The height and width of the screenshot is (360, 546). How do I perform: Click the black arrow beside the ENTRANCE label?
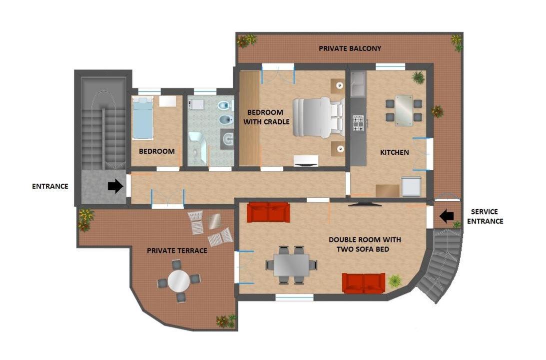click(115, 186)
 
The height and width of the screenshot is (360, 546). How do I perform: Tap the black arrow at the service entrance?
click(447, 217)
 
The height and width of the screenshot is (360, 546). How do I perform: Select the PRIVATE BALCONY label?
click(350, 48)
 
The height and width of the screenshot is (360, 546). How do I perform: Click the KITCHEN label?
click(395, 152)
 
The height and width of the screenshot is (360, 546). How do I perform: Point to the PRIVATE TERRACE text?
click(177, 251)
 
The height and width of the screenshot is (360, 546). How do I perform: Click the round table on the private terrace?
click(179, 281)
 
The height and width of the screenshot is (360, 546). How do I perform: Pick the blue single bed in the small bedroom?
click(143, 118)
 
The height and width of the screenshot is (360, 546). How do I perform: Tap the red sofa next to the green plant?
click(364, 283)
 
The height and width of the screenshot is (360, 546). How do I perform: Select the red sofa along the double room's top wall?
click(268, 212)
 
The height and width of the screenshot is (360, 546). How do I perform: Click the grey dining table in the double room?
click(291, 265)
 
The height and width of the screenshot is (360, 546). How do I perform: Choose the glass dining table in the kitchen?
click(404, 110)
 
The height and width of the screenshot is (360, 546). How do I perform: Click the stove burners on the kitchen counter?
click(359, 123)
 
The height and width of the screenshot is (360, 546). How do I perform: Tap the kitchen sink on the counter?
click(358, 84)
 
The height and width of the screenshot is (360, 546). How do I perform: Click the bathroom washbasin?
click(227, 139)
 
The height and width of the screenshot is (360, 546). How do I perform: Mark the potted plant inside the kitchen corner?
click(418, 77)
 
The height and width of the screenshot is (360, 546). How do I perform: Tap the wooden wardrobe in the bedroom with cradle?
click(250, 118)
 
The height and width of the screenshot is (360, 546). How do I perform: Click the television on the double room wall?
click(365, 204)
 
